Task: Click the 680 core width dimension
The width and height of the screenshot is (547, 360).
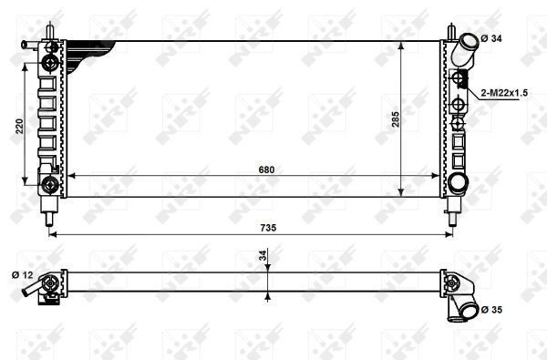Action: pyautogui.click(x=266, y=170)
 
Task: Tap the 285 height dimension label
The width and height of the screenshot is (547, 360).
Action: pyautogui.click(x=396, y=118)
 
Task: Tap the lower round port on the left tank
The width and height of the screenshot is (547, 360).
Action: pyautogui.click(x=50, y=185)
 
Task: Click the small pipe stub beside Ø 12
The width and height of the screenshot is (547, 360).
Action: pyautogui.click(x=35, y=291)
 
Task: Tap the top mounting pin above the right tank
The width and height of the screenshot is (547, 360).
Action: pyautogui.click(x=450, y=31)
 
